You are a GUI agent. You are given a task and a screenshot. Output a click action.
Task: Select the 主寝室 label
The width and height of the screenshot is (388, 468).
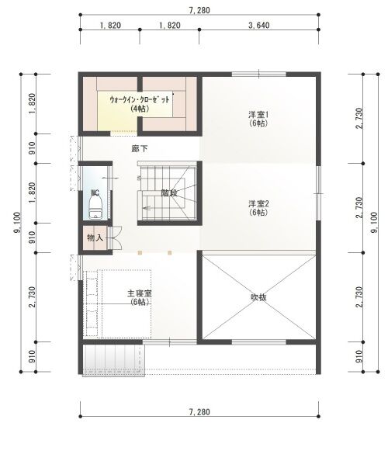point(140,293)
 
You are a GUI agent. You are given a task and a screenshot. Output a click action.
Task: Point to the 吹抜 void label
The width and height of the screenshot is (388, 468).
point(258,297)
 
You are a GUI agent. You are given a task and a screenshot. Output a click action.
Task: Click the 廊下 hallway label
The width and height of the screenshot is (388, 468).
point(140,148)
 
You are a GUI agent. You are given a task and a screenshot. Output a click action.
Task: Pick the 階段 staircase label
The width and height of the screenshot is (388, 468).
point(169,193)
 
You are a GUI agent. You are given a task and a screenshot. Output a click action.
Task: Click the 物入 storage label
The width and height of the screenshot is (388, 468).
point(95,237)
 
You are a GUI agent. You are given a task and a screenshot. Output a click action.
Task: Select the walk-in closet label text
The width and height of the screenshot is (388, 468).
point(140,103)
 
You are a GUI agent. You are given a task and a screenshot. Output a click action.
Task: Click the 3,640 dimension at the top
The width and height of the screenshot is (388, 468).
point(258,26)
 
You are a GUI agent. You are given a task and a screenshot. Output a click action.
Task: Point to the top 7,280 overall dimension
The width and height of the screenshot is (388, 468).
point(199,10)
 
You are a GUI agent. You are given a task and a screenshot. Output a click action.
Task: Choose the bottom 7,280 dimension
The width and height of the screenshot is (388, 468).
point(199,412)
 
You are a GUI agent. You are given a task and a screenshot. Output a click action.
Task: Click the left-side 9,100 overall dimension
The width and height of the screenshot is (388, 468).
point(17,223)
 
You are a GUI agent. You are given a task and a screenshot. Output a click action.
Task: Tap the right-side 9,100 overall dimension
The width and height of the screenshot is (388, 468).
point(374,223)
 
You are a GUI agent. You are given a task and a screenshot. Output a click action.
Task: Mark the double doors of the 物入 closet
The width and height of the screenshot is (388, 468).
point(115,237)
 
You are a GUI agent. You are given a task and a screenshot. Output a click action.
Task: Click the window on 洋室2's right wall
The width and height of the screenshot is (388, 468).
point(318,193)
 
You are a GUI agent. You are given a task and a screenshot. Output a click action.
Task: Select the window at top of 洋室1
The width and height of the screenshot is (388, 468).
point(258,74)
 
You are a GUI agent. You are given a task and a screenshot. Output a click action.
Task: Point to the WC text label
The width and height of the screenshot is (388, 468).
point(95,192)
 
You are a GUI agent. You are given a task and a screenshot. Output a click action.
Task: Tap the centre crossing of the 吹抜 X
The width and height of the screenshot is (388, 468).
point(258,296)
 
